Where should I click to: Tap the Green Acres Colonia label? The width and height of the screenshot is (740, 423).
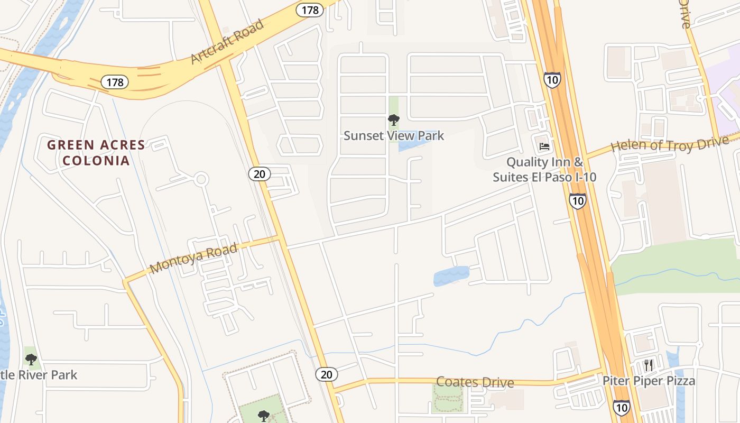(96, 152)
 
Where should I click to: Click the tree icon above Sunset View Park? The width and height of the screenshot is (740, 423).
(394, 119)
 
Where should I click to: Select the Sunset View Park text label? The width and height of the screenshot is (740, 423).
(394, 136)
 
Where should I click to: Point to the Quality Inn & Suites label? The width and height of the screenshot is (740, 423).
(544, 169)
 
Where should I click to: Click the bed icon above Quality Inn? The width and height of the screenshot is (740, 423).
(544, 146)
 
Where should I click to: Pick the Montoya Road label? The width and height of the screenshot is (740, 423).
(193, 259)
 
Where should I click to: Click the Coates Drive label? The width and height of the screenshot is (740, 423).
(475, 382)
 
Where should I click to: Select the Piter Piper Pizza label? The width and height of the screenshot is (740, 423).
(649, 381)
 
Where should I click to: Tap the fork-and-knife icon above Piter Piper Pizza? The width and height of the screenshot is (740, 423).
(649, 365)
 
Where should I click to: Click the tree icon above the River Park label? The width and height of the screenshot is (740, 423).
(31, 360)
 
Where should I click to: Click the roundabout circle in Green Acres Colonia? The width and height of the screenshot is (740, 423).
(200, 179)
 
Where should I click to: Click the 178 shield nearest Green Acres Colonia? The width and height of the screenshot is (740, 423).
(115, 82)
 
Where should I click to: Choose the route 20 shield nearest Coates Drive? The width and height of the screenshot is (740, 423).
(327, 374)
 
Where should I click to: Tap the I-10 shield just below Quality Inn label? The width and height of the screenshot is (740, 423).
(577, 200)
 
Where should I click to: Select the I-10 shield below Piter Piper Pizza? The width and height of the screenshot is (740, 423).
(622, 407)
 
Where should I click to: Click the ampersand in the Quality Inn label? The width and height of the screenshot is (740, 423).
(577, 162)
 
